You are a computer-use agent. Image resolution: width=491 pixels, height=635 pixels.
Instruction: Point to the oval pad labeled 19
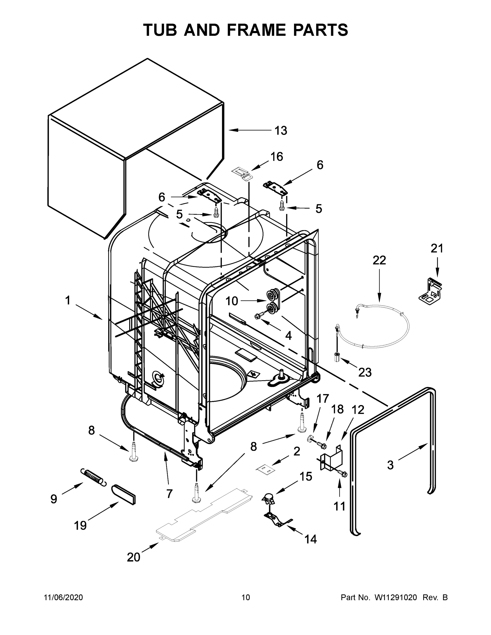point(124,494)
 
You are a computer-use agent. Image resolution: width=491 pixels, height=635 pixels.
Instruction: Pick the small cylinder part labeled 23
point(338,356)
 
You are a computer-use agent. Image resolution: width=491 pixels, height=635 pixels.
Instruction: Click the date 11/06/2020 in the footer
point(63,597)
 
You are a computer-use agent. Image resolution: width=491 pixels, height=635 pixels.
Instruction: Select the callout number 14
point(310,539)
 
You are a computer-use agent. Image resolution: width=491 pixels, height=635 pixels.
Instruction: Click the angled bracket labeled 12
point(332,458)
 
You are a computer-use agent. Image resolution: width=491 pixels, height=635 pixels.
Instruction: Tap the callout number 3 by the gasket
point(390,465)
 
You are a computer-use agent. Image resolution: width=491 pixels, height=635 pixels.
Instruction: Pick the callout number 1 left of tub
point(67,300)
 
